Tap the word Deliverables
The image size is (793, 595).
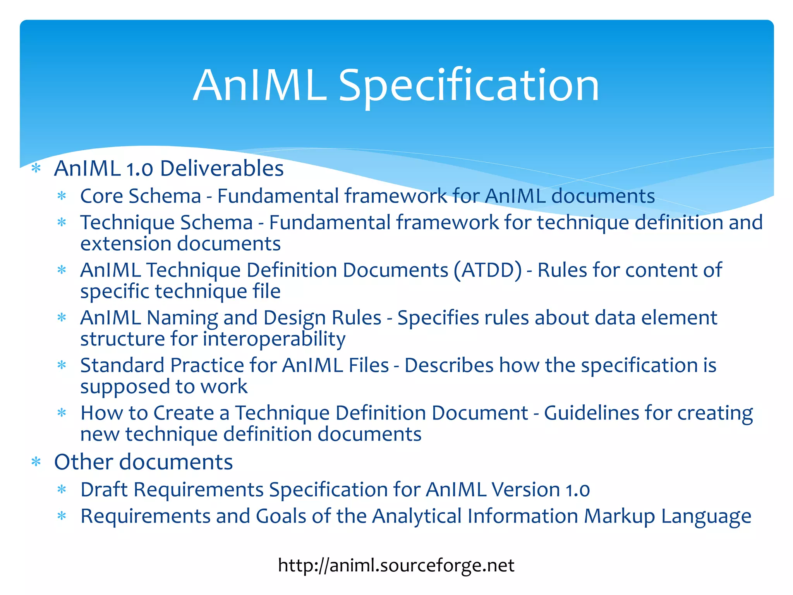(222, 169)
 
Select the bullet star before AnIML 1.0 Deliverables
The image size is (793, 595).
(36, 169)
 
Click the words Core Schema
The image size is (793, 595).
(141, 196)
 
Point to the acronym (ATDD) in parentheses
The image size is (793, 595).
(488, 270)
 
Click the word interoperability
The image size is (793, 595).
(274, 339)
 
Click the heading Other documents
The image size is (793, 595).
(143, 462)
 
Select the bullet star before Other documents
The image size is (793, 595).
(36, 462)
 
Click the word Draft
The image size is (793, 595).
(104, 489)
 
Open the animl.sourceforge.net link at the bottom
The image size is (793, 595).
(396, 565)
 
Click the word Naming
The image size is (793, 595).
(182, 318)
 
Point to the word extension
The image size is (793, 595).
(126, 244)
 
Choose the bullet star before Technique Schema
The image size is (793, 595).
(62, 223)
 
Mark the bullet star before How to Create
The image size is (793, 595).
(62, 413)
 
